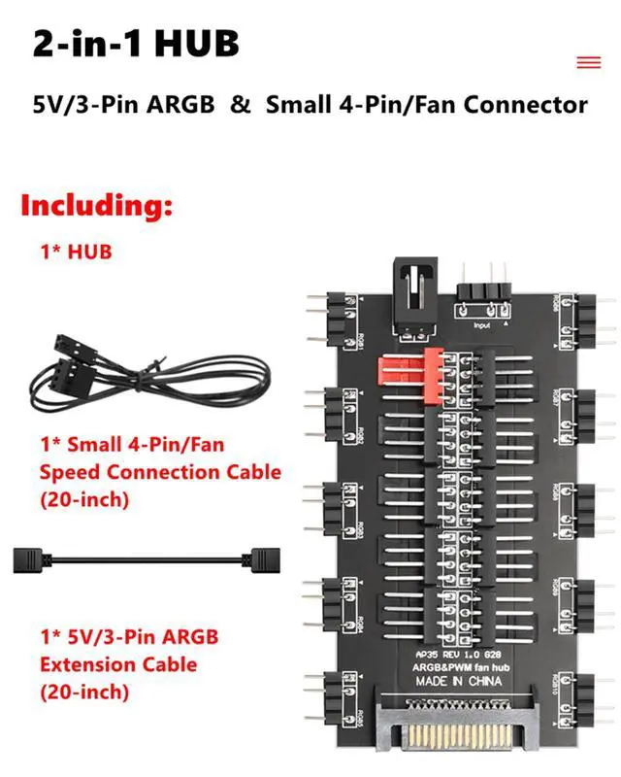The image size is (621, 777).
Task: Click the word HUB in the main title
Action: pos(185,44)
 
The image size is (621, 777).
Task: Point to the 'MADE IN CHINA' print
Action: pos(460,680)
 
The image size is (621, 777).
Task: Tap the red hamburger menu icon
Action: pos(589,62)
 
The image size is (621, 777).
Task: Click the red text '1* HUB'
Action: pos(76,252)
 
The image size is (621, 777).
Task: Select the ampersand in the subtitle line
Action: pos(240,104)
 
